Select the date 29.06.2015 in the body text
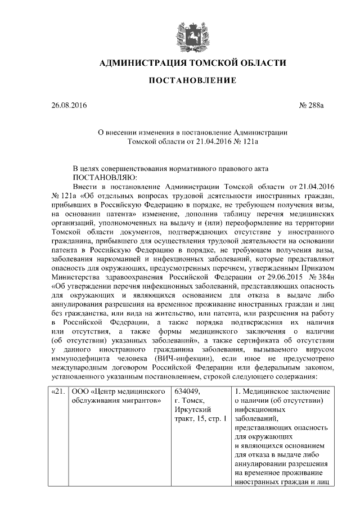280,277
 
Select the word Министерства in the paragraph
76,277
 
